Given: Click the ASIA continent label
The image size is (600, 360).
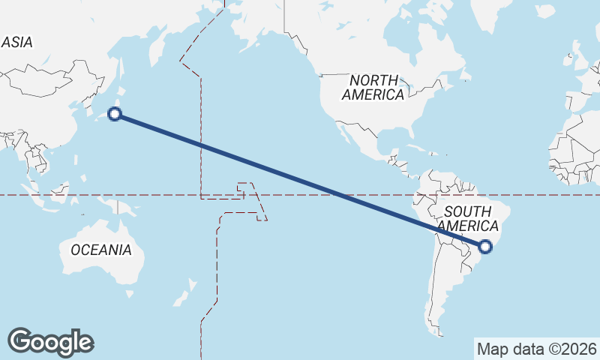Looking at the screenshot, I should pyautogui.click(x=16, y=43).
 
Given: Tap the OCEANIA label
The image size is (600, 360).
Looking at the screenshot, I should pyautogui.click(x=101, y=250).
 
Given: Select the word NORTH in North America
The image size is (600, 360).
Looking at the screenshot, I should pyautogui.click(x=374, y=80).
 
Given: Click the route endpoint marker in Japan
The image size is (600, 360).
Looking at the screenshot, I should pyautogui.click(x=115, y=114).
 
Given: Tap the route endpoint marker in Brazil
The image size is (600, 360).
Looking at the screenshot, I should pyautogui.click(x=485, y=246).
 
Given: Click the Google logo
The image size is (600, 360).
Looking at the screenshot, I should pyautogui.click(x=50, y=342).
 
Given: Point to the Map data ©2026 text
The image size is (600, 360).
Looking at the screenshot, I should pyautogui.click(x=537, y=349).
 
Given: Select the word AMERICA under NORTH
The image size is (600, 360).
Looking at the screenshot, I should pyautogui.click(x=373, y=95).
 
